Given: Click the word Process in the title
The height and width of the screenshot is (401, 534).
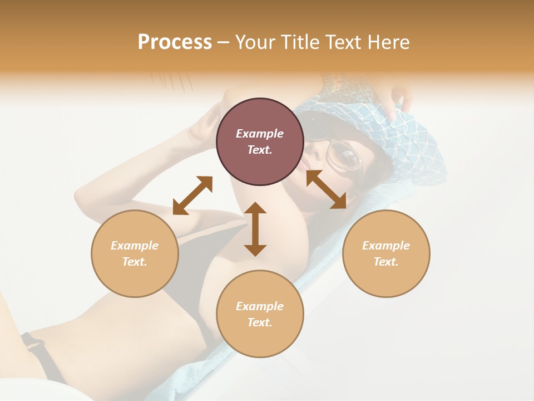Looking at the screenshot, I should pyautogui.click(x=175, y=42).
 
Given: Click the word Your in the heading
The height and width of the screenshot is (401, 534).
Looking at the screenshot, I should pyautogui.click(x=256, y=42).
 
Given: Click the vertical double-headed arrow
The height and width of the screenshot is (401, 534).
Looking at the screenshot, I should pyautogui.click(x=255, y=229).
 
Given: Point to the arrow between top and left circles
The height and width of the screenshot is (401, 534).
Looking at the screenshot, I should pyautogui.click(x=192, y=195).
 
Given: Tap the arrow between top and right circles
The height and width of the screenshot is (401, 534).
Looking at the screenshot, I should pyautogui.click(x=326, y=189).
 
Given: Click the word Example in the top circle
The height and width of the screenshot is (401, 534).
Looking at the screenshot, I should pyautogui.click(x=260, y=134).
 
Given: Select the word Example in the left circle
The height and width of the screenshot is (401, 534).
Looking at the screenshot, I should pyautogui.click(x=135, y=246).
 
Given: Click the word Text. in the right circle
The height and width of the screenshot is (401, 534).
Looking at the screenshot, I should pyautogui.click(x=386, y=262).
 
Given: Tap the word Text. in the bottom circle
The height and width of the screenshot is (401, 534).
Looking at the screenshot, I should pyautogui.click(x=260, y=322).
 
